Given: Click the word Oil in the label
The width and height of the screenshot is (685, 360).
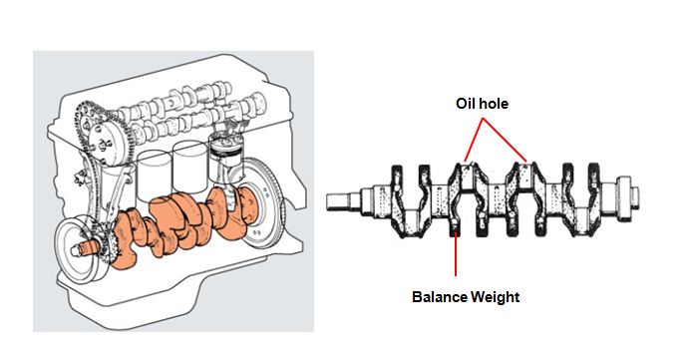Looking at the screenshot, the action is pyautogui.click(x=466, y=104).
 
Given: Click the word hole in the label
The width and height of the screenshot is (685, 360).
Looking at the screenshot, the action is pyautogui.click(x=494, y=104).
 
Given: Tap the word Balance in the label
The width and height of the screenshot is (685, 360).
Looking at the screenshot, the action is pyautogui.click(x=439, y=297).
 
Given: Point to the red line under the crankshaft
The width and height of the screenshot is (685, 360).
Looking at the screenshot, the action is pyautogui.click(x=456, y=252).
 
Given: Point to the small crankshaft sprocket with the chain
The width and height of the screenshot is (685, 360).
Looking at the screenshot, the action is pyautogui.click(x=107, y=248).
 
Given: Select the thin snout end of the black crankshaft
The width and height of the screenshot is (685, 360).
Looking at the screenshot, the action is pyautogui.click(x=344, y=200).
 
